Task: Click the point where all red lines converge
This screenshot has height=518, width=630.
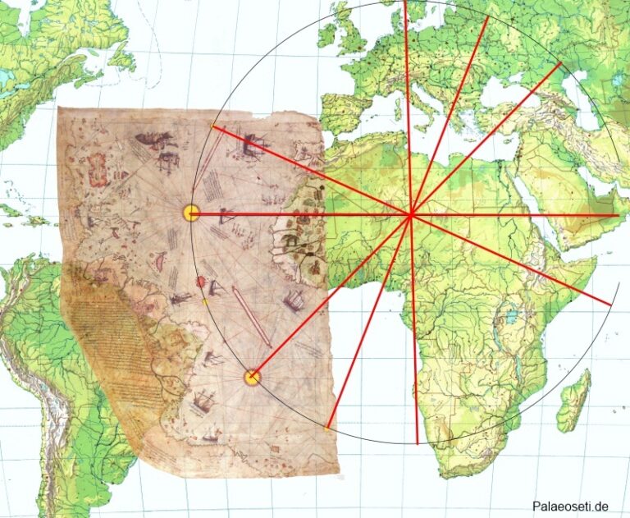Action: (x=410, y=215)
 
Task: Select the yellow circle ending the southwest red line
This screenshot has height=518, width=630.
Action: (x=253, y=377)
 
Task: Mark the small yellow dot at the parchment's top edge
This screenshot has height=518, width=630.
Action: (x=213, y=126)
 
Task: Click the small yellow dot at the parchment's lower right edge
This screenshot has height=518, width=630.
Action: (x=327, y=428)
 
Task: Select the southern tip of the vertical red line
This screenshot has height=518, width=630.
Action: (x=418, y=443)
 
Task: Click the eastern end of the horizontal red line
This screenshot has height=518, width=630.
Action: (x=618, y=215)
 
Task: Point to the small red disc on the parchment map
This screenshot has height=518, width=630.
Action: (x=200, y=282)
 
